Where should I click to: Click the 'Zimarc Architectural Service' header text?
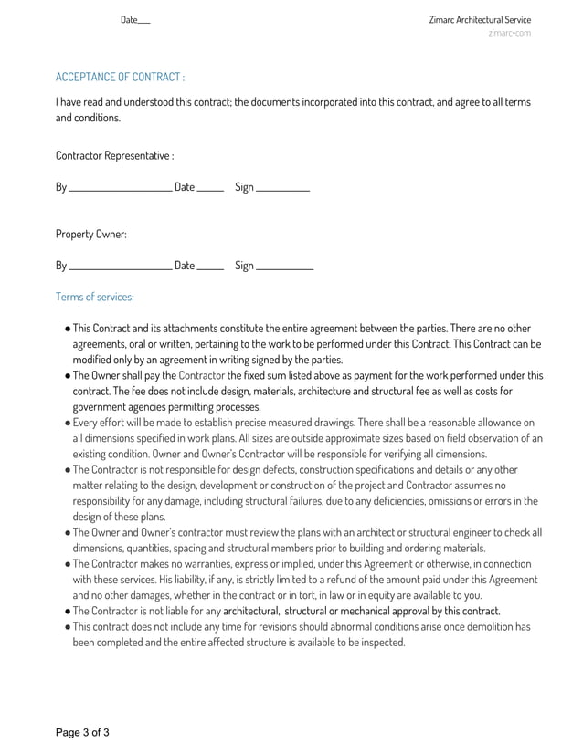pos(479,20)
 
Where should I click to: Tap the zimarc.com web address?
pos(509,34)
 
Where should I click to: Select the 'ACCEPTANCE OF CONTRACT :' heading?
pos(120,77)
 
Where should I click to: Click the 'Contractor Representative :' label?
pos(114,155)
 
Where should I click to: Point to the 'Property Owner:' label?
pos(90,234)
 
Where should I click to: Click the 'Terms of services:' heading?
pos(94,297)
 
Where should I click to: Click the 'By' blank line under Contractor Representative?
pos(120,190)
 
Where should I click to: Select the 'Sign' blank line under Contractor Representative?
pos(282,190)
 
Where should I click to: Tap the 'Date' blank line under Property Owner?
pos(210,268)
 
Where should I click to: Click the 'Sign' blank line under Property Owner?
pos(284,268)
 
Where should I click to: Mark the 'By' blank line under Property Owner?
pos(120,268)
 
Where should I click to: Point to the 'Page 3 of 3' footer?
pos(82,732)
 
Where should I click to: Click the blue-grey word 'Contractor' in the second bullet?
pos(202,375)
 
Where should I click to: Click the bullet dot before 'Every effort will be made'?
pos(68,424)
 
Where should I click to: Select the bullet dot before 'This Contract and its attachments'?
pos(68,329)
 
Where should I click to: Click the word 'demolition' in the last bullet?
pos(493,627)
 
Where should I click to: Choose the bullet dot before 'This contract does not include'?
pos(68,628)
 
